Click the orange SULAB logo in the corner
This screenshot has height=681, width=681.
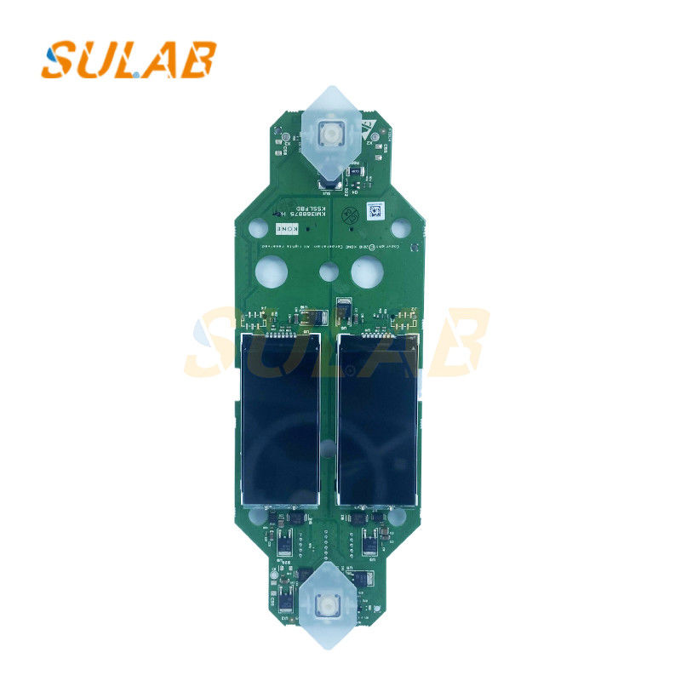128,59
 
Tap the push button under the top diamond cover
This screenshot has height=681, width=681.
329,133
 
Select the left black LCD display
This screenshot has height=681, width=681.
281,419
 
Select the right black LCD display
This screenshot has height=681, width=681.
378,419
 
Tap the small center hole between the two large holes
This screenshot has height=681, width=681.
328,273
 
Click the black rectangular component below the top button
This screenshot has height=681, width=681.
329,178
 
